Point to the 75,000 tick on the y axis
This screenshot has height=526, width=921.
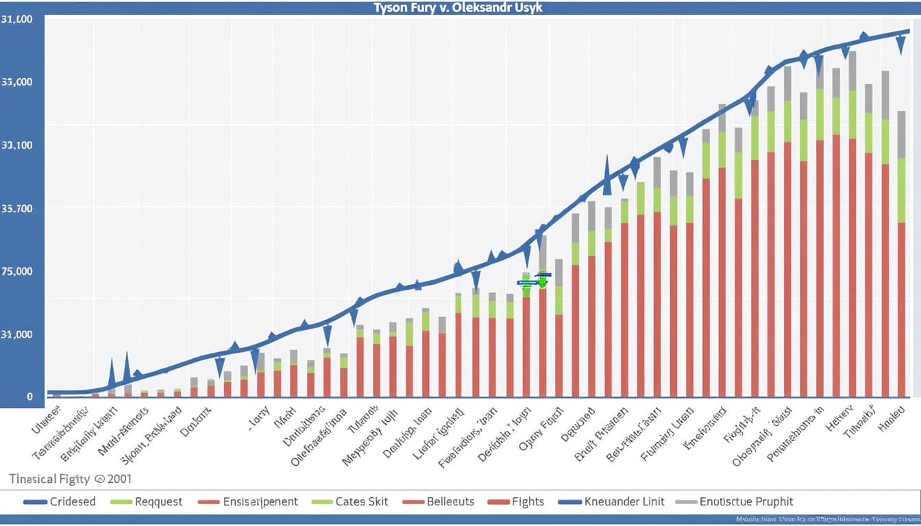pyautogui.click(x=17, y=271)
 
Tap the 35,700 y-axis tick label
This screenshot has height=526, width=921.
pyautogui.click(x=17, y=208)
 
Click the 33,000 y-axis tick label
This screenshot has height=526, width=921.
pyautogui.click(x=17, y=82)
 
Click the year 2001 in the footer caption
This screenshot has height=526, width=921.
pyautogui.click(x=118, y=479)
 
